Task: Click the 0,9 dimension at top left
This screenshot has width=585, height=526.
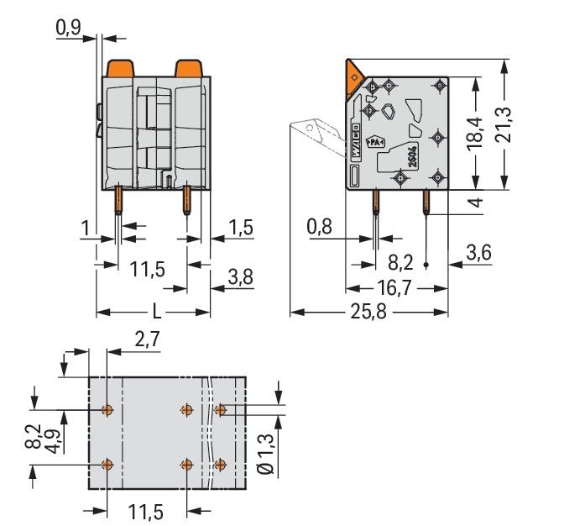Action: [x=69, y=29]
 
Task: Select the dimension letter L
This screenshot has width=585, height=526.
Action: [x=155, y=312]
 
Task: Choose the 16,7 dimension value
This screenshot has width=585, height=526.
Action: [x=395, y=288]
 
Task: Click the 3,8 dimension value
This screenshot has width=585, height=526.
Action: [x=241, y=278]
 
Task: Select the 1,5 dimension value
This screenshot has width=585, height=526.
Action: [x=240, y=229]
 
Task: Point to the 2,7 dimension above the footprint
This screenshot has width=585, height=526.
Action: [x=146, y=339]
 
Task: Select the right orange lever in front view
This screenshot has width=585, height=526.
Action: [x=186, y=68]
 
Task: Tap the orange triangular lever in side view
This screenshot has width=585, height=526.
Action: [x=352, y=80]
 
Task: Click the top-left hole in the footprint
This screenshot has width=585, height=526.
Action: [x=107, y=410]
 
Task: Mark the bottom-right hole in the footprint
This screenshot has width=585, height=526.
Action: [x=221, y=465]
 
